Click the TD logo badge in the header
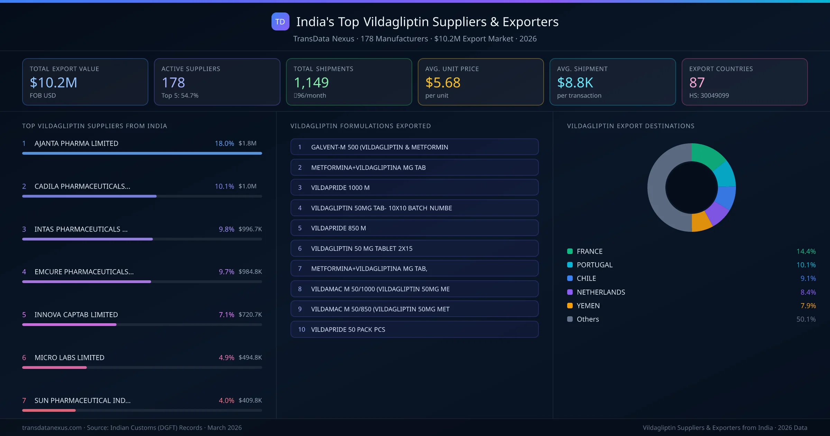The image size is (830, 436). tap(280, 21)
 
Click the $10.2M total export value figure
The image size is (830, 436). tap(54, 82)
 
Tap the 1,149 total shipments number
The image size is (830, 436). tap(311, 82)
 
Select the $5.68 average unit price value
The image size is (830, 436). tap(443, 82)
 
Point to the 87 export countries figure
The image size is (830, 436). tap(697, 82)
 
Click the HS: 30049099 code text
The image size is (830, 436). tap(709, 96)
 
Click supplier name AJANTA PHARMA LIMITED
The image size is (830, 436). tap(76, 143)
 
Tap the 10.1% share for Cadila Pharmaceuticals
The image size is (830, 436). tap(224, 186)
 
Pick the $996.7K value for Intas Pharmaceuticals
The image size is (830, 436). tap(250, 229)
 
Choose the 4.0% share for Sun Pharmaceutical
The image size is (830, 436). tap(227, 400)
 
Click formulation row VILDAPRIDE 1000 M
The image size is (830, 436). tap(414, 188)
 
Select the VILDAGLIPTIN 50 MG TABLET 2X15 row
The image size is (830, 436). tap(414, 248)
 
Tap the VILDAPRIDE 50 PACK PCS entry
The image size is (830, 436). tap(414, 329)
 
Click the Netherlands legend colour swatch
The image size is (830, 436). tap(570, 292)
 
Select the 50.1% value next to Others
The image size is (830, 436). tap(806, 319)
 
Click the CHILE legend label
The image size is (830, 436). tap(586, 279)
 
